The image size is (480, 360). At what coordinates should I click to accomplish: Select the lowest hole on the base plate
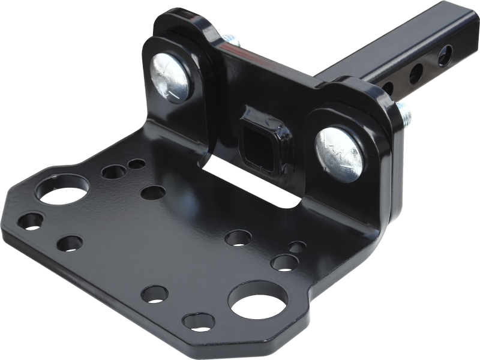tap(198, 321)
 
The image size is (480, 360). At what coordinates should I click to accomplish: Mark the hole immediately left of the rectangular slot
tap(152, 193)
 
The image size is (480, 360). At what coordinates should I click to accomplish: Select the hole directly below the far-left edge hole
tap(70, 243)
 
